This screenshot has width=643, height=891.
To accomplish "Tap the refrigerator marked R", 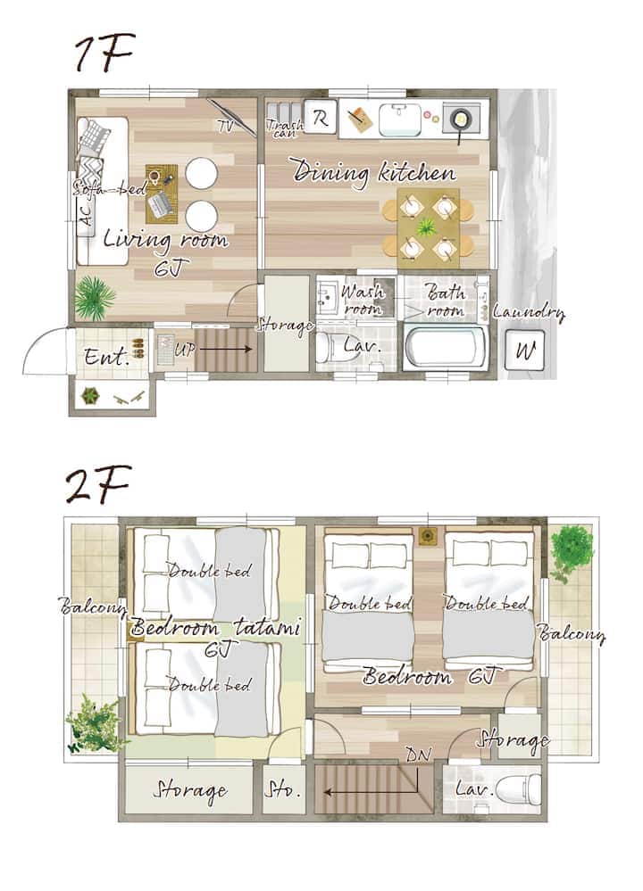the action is [321, 119].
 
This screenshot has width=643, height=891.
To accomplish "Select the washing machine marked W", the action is [524, 351].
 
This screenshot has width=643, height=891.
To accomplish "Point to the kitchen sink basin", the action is [400, 119].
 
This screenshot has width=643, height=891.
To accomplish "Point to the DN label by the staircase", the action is [419, 755].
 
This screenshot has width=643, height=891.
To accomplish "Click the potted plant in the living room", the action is [95, 297].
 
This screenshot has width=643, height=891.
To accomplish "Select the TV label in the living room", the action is [226, 126].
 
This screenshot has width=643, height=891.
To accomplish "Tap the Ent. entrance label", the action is [107, 358].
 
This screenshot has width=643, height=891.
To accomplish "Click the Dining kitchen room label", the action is [374, 172].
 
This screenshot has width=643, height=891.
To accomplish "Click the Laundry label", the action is [530, 312].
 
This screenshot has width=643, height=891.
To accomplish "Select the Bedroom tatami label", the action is [215, 628].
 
